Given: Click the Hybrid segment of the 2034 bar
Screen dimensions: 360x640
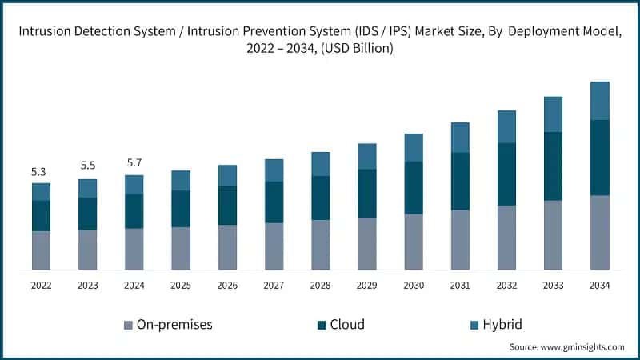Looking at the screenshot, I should pos(599,101).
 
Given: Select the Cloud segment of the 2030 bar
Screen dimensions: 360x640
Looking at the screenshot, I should pos(414,188).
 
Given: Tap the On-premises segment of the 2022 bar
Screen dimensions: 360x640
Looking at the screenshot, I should pos(41,250).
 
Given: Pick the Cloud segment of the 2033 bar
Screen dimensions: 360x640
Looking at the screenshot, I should pos(553,166).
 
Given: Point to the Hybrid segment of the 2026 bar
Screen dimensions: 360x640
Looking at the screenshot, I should pos(227,176).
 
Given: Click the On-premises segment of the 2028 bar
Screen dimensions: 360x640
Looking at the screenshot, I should pos(320,245).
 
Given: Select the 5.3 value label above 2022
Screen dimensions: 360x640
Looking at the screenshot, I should pos(38,172).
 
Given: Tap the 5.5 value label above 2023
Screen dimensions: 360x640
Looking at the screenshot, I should pos(87,166).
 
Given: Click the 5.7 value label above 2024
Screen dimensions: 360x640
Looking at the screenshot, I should pos(134,163).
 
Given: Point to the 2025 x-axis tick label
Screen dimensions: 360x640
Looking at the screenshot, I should pos(180,286).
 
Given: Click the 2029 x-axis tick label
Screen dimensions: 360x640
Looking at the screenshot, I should pos(366,286).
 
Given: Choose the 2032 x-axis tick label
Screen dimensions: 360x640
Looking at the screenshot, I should pos(506,286).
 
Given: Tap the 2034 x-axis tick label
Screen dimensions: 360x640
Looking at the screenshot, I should pos(599,286).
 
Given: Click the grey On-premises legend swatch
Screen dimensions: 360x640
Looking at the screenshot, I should pos(128,325).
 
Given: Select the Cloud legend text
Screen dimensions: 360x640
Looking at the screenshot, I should pos(347,324).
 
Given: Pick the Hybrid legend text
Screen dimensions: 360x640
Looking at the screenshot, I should pos(503,324).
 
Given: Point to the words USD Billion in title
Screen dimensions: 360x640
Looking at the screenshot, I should pos(358,49).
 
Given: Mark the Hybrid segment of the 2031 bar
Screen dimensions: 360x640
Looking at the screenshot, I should pos(460,138).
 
